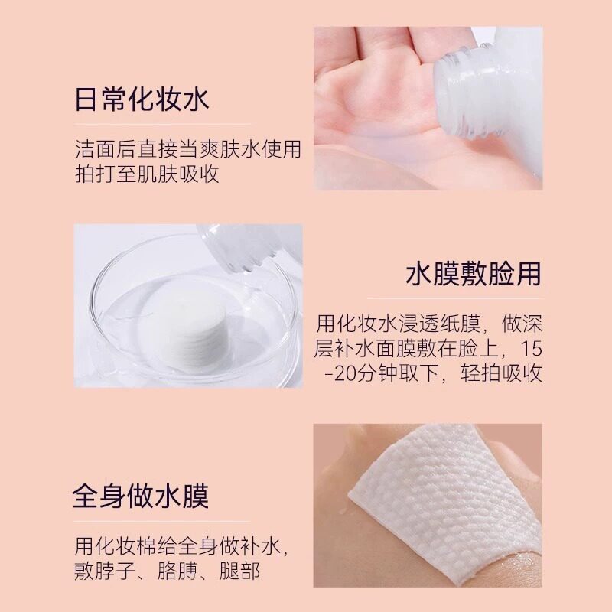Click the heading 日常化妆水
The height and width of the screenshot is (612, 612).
click(x=142, y=99)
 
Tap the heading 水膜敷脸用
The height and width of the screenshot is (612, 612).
click(x=474, y=274)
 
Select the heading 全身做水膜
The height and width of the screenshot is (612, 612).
click(x=141, y=496)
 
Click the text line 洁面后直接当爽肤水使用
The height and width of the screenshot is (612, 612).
click(x=188, y=148)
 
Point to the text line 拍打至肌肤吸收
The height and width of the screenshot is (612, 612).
click(x=147, y=174)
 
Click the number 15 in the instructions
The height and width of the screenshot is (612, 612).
click(x=531, y=349)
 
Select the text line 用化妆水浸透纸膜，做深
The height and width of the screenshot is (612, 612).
click(x=429, y=324)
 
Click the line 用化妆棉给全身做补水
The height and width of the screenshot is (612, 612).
click(x=181, y=546)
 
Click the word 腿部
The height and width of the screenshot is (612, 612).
click(x=239, y=571)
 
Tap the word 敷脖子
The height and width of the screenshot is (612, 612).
click(x=105, y=571)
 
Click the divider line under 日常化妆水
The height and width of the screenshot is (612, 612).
click(x=163, y=125)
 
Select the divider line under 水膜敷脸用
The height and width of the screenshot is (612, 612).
click(x=455, y=298)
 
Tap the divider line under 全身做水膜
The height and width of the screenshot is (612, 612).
click(x=161, y=521)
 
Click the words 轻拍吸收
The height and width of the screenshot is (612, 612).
click(x=502, y=373)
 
